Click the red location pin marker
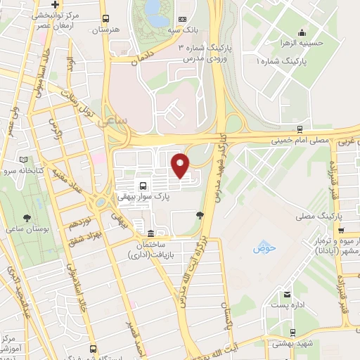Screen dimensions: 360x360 (x=180, y=165)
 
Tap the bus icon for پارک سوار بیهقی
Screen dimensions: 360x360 (x=144, y=186)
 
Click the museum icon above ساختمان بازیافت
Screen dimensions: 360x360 (x=150, y=233)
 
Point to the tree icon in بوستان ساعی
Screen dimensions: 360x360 (x=27, y=218)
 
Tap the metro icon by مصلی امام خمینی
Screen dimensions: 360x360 (x=300, y=129)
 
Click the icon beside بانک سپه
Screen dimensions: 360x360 (x=183, y=19)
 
